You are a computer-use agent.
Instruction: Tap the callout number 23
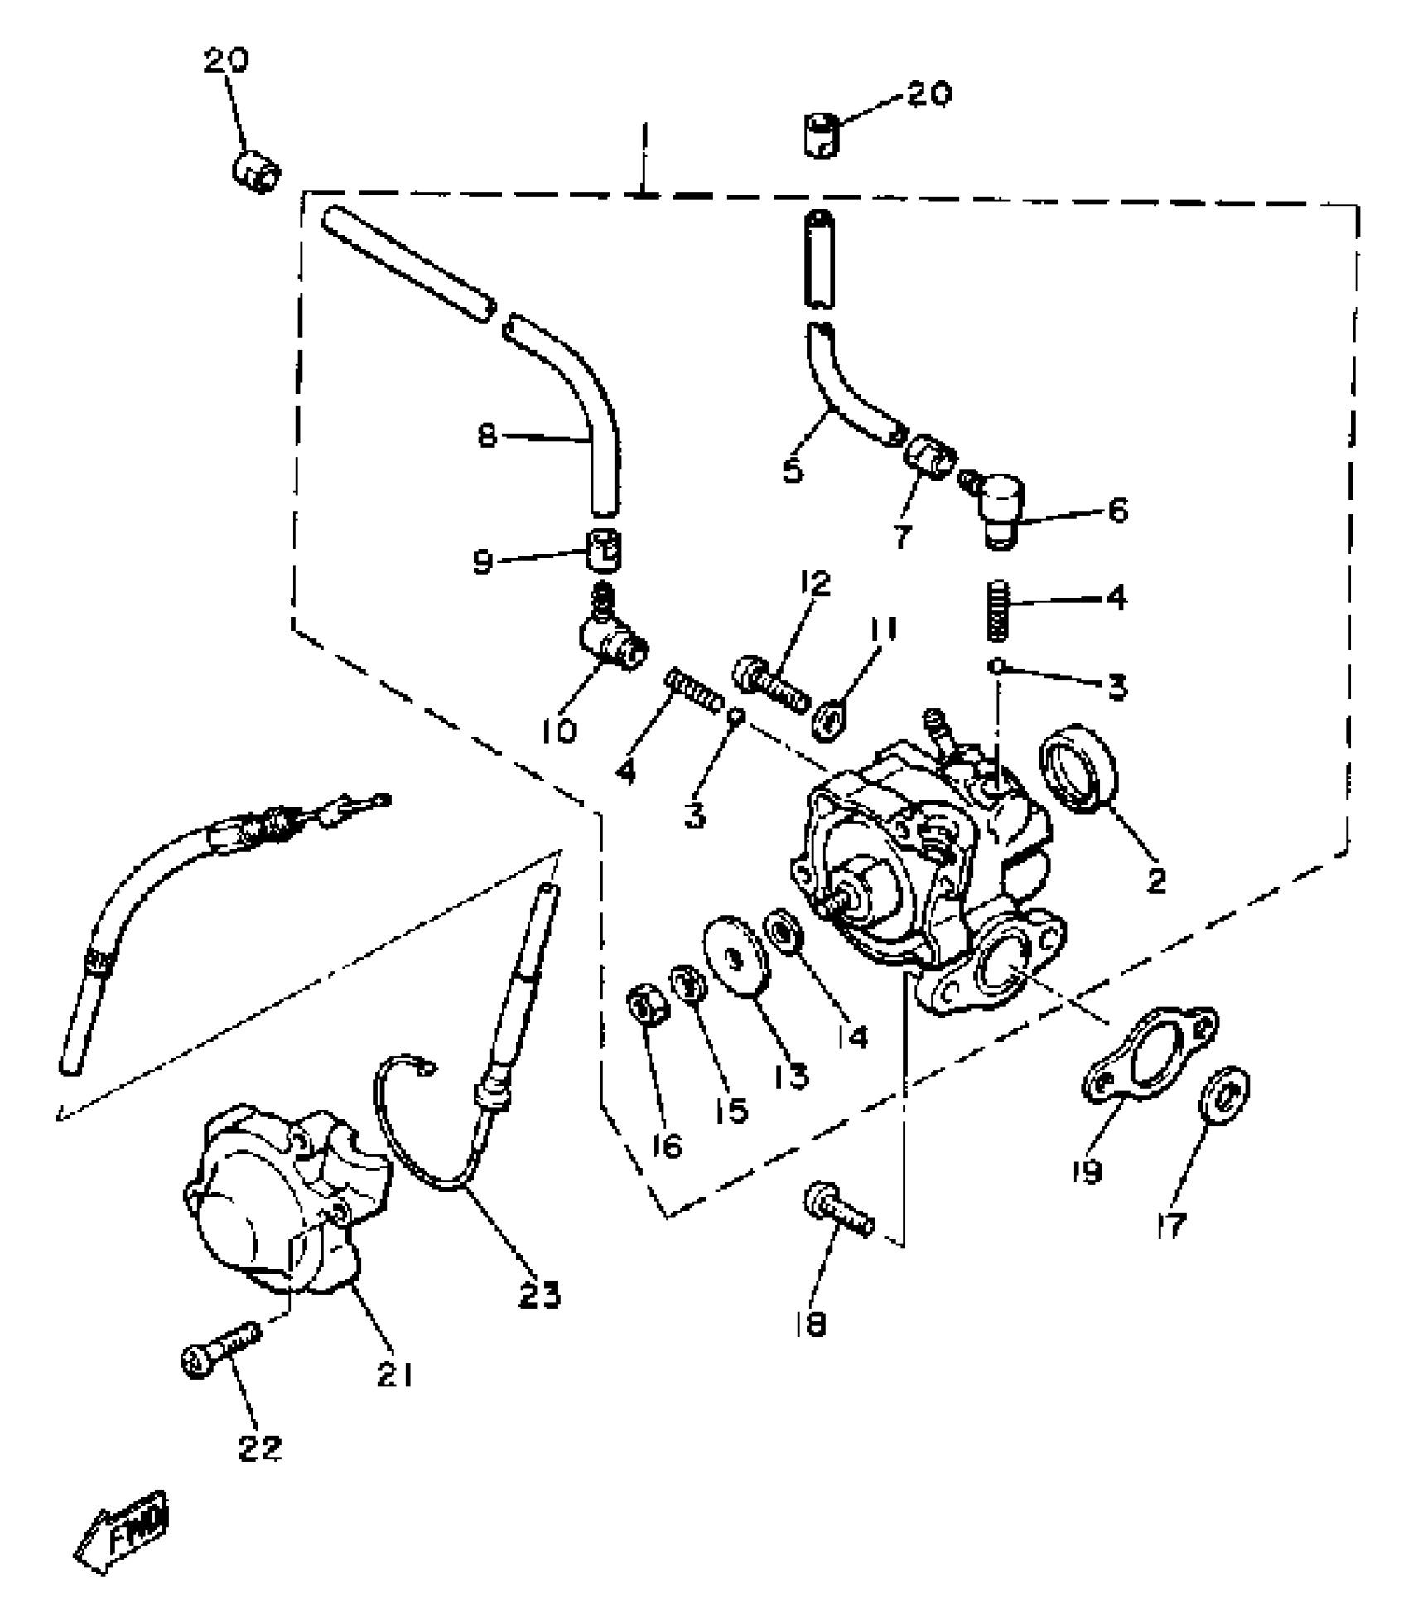pos(539,1293)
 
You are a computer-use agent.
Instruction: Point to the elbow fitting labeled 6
pos(1001,503)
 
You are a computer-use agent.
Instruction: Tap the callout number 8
pos(488,435)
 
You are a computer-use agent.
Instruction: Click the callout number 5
pos(792,471)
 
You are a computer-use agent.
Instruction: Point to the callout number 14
pos(851,1035)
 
